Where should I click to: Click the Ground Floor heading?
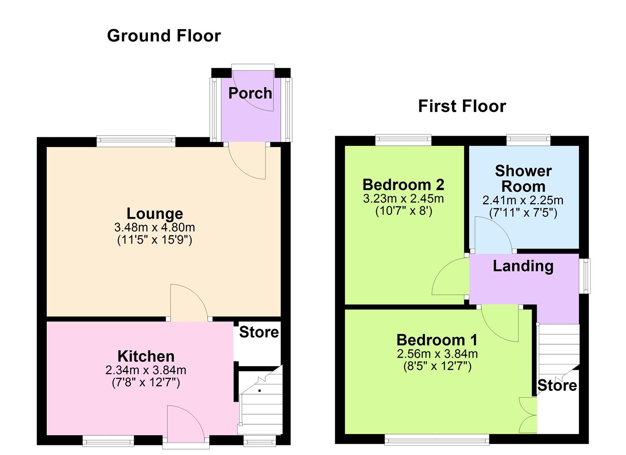coord(164,36)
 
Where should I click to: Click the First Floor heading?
coord(462,106)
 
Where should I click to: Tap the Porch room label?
coord(250,93)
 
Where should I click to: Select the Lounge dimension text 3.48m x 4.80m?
coord(154,228)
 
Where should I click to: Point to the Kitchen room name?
coord(146,356)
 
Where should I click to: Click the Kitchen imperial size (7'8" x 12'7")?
coord(146,383)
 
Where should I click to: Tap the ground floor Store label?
coord(259,332)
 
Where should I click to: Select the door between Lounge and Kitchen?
coord(188,303)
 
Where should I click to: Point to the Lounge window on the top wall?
coord(136,141)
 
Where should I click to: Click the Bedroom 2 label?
coord(403,185)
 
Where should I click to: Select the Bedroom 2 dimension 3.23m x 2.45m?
coord(403,198)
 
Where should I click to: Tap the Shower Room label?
coord(523,178)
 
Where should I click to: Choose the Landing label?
coord(523,266)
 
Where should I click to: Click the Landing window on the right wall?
coord(585,276)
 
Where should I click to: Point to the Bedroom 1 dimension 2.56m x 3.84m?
coord(437,354)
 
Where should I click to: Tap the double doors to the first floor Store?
coord(529,415)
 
